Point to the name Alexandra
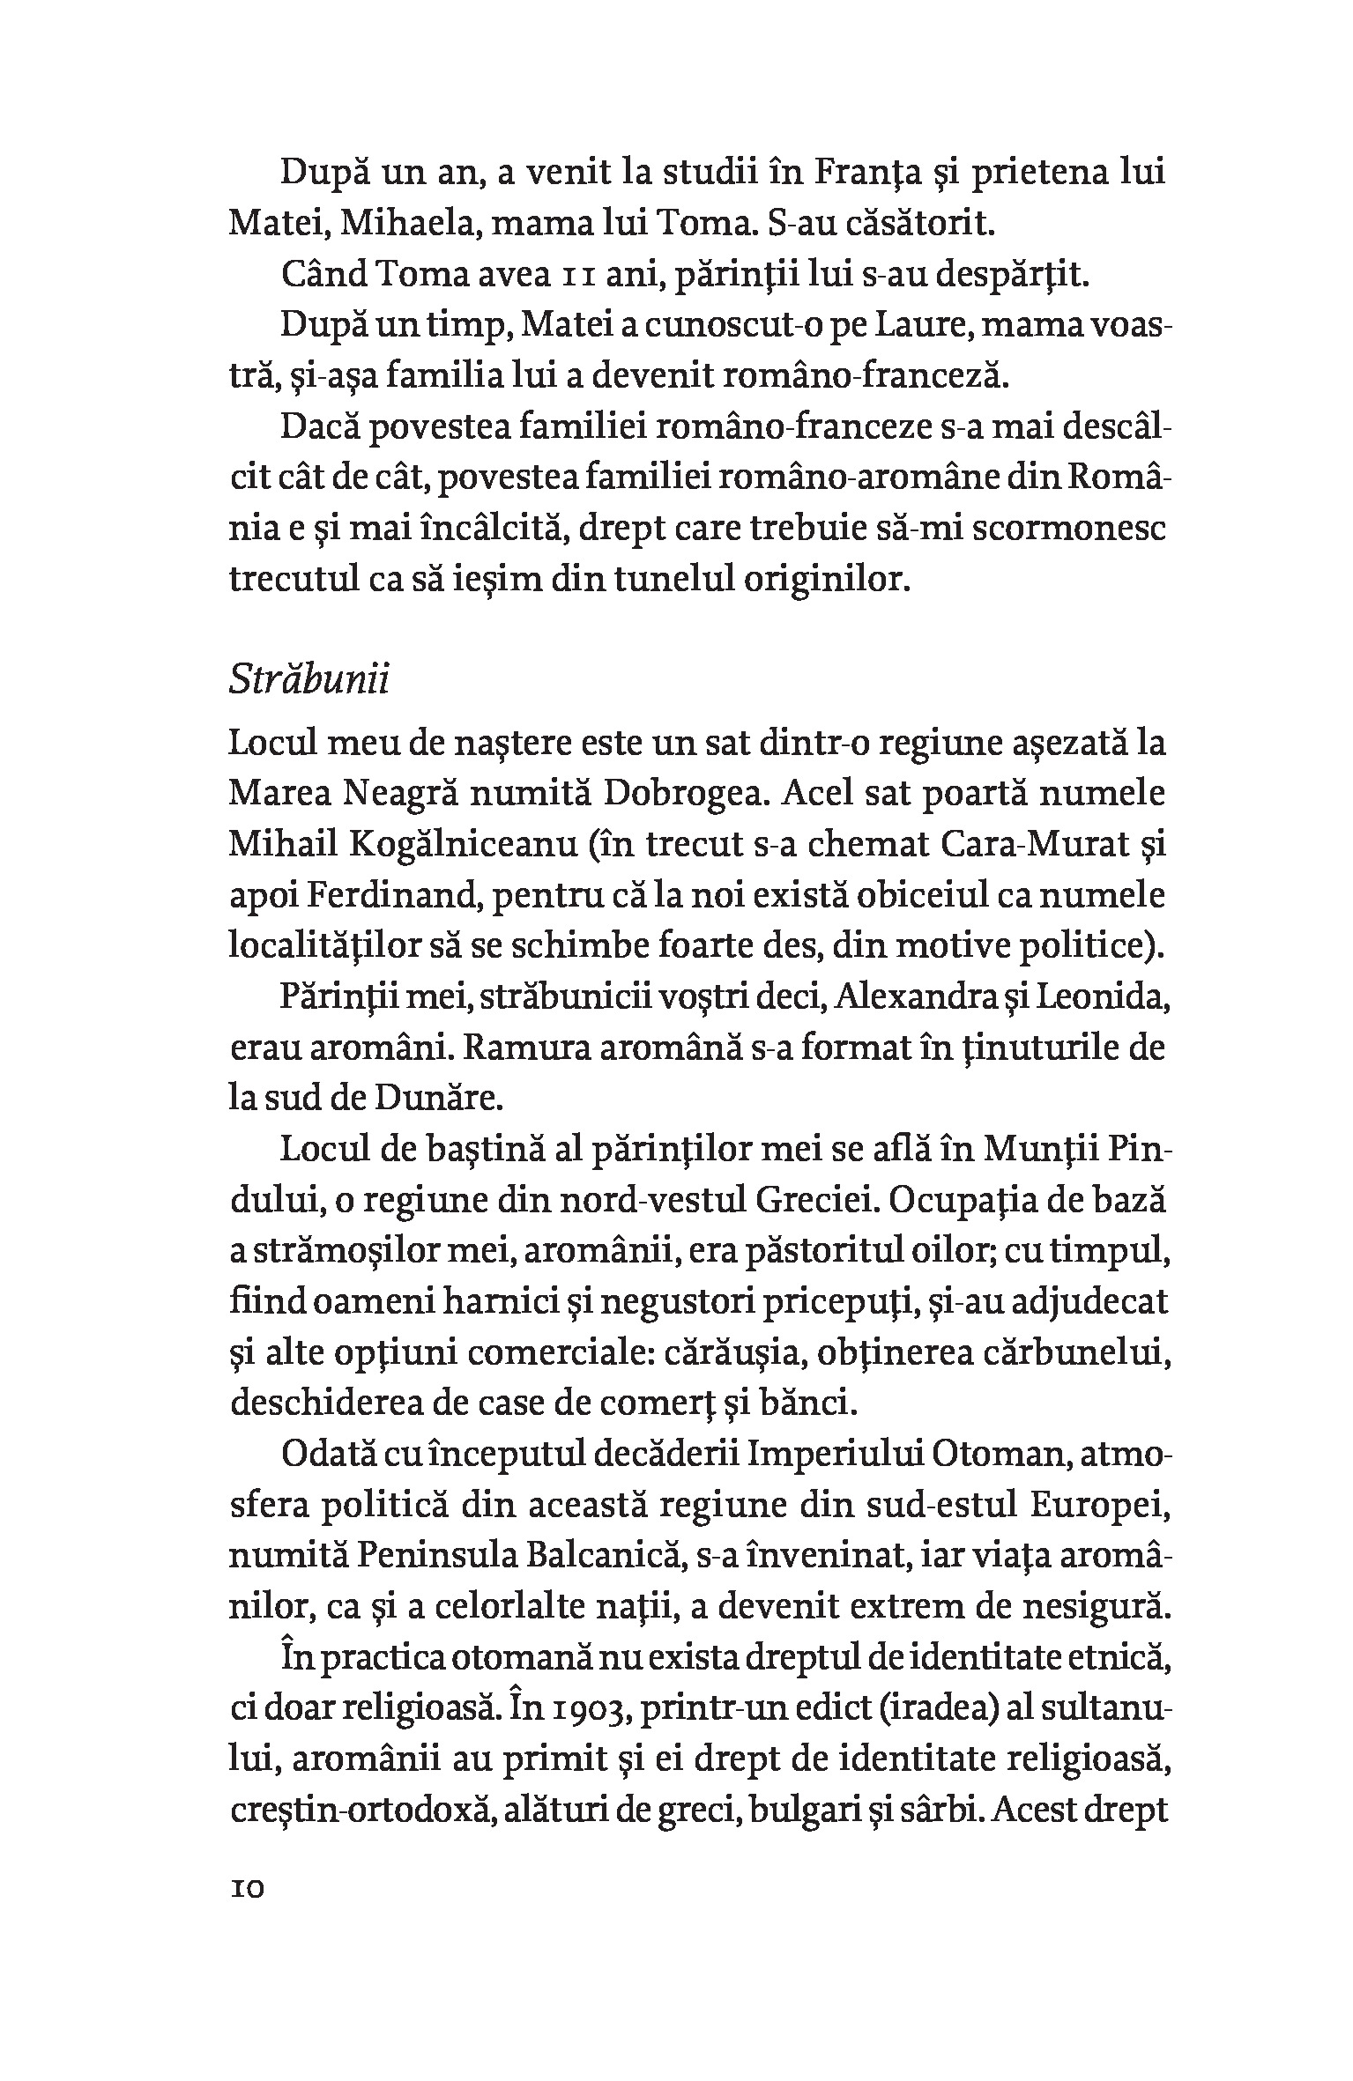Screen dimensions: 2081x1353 tap(920, 997)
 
